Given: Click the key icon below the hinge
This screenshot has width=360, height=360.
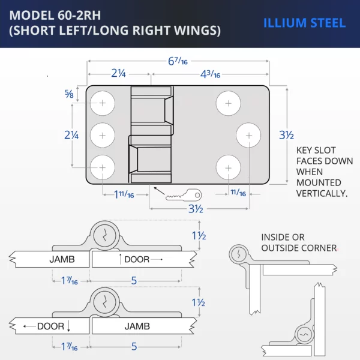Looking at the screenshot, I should click(184, 195).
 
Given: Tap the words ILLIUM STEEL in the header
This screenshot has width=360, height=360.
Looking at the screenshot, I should click(304, 23).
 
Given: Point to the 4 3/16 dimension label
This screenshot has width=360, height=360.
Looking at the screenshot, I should click(209, 74).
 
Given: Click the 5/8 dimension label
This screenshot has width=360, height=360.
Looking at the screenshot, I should click(70, 94).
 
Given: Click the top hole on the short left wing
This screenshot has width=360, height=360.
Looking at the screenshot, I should click(103, 103).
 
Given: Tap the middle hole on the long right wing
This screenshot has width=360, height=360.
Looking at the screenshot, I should click(249, 135).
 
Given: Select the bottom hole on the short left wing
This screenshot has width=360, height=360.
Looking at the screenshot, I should click(103, 167).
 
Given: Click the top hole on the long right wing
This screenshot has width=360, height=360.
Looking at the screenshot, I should click(228, 103).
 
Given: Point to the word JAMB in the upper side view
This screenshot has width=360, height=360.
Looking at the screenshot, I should click(62, 260).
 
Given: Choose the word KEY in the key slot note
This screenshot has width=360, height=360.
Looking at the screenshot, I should click(307, 150).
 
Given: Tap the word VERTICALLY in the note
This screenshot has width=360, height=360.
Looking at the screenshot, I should click(322, 193).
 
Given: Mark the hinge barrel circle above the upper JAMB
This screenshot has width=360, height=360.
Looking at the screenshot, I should click(106, 234).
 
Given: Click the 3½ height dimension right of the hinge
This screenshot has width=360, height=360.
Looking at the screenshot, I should click(286, 136).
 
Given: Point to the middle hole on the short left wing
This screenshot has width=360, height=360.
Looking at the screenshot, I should click(103, 135).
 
